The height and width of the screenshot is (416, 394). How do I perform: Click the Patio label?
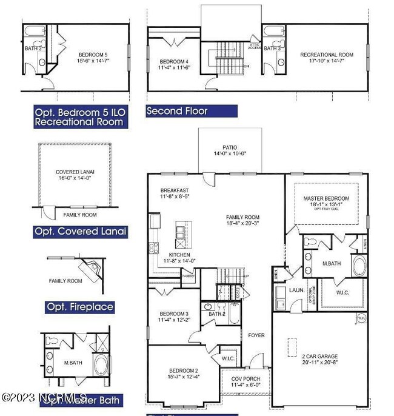pos(230,147)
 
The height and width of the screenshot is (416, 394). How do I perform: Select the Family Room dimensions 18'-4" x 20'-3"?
pos(242,223)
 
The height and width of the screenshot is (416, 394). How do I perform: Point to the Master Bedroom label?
pos(326,198)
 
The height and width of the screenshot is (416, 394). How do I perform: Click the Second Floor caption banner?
pos(177,111)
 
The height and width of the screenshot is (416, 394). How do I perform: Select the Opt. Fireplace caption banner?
pos(80,307)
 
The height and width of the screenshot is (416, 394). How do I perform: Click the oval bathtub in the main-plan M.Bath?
pos(359,266)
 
